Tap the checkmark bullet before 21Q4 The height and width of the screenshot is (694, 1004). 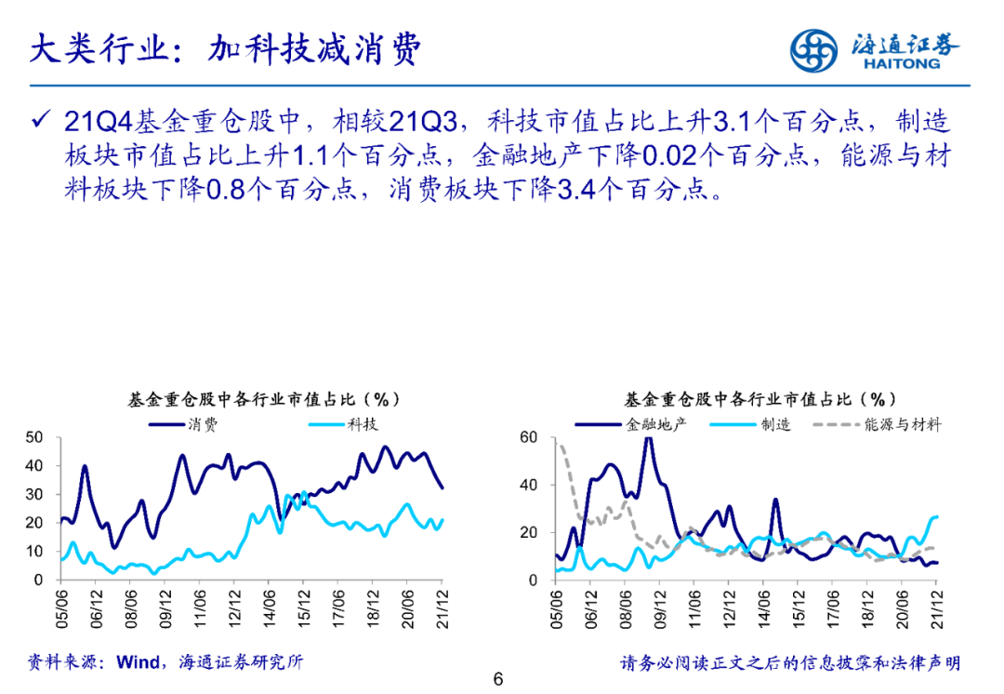coord(40,121)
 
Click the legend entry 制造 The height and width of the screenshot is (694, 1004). coord(775,424)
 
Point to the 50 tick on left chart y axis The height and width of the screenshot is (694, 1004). coord(34,437)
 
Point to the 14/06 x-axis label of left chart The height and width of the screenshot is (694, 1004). coord(270,607)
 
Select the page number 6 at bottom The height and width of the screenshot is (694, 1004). coord(498,679)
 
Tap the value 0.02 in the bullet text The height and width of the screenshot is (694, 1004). coord(666,155)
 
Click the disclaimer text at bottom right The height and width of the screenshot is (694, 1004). coord(790,662)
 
